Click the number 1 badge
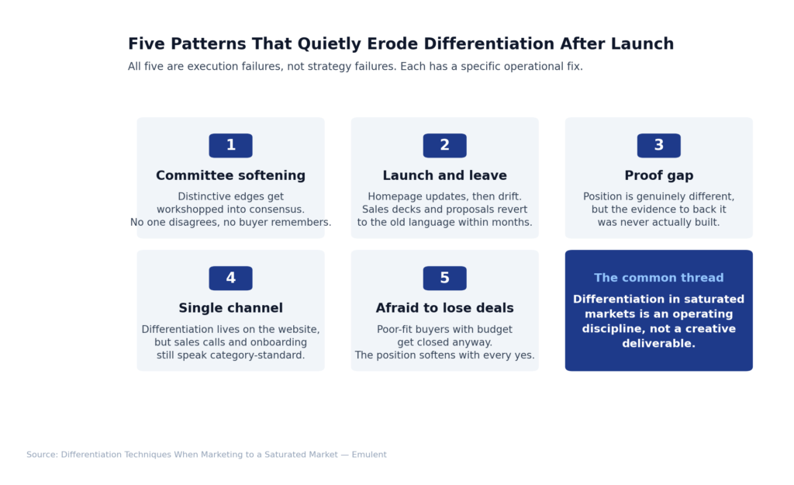[230, 145]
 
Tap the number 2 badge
[444, 145]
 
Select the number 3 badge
[658, 145]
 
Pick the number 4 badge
[230, 278]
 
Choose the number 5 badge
[444, 278]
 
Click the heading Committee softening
[230, 176]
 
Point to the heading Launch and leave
[444, 176]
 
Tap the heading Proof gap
[658, 176]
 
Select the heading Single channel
[230, 309]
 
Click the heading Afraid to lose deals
[444, 309]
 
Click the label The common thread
[658, 278]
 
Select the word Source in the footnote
[41, 455]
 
